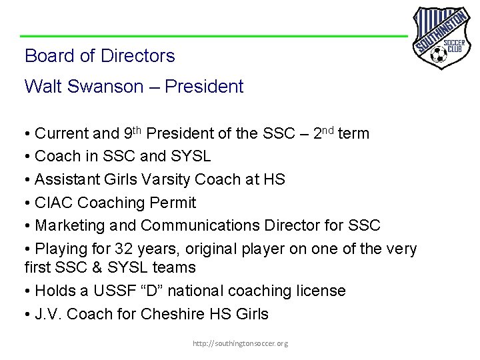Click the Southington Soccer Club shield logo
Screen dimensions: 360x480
click(x=440, y=37)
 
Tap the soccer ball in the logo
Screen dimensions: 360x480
click(x=439, y=53)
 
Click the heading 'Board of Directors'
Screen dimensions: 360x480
click(x=99, y=56)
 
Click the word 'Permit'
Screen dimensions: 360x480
click(x=174, y=202)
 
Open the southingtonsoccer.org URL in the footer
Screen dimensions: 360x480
click(x=240, y=343)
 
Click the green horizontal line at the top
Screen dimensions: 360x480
click(x=213, y=35)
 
